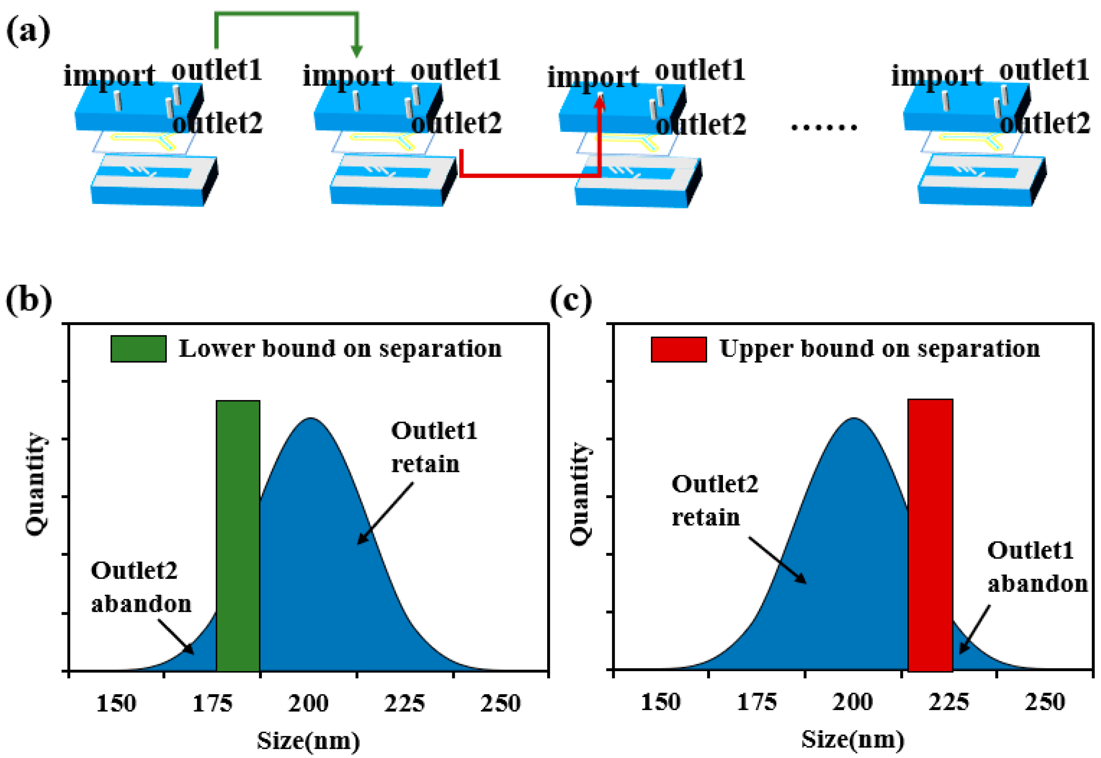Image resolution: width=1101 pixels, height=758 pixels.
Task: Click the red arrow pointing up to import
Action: click(599, 138)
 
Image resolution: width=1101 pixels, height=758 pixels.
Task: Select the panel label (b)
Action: click(29, 300)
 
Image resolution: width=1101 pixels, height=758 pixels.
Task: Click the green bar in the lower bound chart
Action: click(238, 535)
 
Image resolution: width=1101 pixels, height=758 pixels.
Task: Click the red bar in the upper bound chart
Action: click(930, 535)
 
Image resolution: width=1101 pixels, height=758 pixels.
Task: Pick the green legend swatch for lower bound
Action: click(138, 349)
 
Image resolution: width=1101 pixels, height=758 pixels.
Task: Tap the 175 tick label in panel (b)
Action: click(212, 703)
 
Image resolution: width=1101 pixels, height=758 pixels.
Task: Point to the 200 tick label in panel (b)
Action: click(308, 703)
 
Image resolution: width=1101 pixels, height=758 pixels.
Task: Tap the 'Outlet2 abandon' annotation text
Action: click(141, 587)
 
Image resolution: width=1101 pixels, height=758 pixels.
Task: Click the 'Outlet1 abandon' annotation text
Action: click(1037, 567)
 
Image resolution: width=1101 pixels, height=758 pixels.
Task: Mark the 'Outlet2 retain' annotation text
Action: click(714, 500)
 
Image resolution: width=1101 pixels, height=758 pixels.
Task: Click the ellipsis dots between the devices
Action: click(824, 127)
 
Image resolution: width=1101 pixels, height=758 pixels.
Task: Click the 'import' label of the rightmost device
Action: click(936, 76)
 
